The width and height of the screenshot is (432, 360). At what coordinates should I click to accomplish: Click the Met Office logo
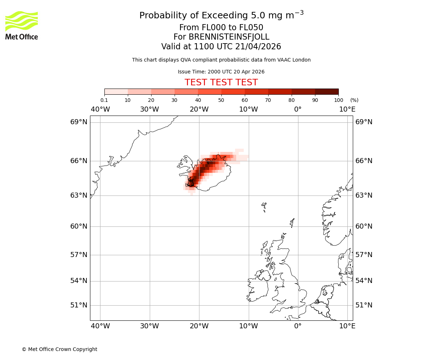tap(22, 25)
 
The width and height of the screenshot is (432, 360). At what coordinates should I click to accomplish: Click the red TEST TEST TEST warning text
tap(221, 82)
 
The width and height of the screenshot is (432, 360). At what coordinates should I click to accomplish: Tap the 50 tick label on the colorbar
tap(221, 100)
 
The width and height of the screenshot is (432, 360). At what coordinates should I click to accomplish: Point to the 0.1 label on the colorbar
tap(104, 100)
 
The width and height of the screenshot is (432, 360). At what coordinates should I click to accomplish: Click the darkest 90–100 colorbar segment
tap(327, 91)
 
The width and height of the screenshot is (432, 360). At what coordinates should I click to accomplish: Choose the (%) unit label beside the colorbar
tap(354, 100)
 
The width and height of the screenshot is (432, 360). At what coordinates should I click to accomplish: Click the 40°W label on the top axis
tap(100, 109)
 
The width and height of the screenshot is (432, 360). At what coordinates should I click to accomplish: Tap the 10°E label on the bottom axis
tap(347, 326)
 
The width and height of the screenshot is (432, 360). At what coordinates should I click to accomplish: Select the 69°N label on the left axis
tap(78, 122)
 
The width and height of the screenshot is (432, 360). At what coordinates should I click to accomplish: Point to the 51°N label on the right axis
tap(364, 305)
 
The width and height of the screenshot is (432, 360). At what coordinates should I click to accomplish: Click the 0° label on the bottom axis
tap(298, 326)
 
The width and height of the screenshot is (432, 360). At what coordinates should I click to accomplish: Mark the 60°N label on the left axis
tap(78, 226)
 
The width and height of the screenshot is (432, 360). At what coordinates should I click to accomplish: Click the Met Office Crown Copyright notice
tap(59, 349)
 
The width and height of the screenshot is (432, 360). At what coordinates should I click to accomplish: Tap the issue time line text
tap(221, 72)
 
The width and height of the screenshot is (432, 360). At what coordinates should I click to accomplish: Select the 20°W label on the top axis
tap(199, 109)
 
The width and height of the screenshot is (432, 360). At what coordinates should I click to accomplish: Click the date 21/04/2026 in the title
tap(258, 46)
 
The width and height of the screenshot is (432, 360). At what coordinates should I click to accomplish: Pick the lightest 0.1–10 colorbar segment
tap(116, 91)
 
